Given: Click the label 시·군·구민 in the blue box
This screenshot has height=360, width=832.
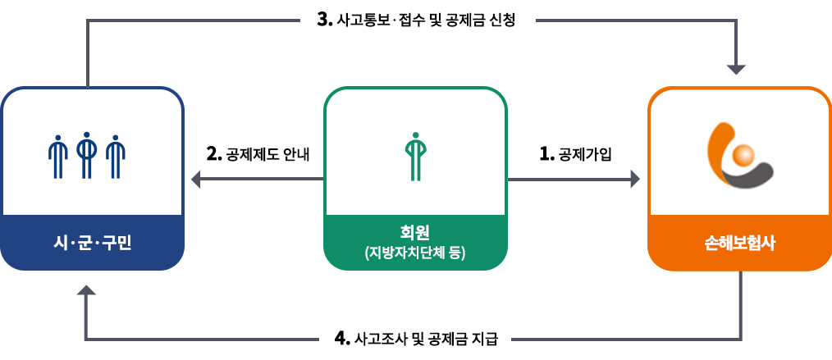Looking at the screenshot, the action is coord(93,244).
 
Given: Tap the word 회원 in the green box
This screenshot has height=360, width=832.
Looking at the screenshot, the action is coord(415,231).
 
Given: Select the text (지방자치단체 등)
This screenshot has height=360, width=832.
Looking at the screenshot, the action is coord(415,253).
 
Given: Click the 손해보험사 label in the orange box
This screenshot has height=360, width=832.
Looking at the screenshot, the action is coord(739,244).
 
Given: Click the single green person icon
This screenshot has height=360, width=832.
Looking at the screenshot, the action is coord(415,157).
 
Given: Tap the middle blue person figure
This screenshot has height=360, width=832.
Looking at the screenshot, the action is coord(86,155).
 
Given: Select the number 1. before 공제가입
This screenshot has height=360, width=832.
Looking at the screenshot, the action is coord(546,153).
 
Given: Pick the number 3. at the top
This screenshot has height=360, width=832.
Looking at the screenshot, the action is coord(325,21).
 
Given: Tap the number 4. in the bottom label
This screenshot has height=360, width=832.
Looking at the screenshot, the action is coord(342,338).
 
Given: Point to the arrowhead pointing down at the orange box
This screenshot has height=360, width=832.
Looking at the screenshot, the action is coord(737,70).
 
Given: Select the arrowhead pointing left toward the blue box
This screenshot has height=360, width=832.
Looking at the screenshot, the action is coord(196,180).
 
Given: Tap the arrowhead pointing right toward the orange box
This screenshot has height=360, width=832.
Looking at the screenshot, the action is coord(635,180).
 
